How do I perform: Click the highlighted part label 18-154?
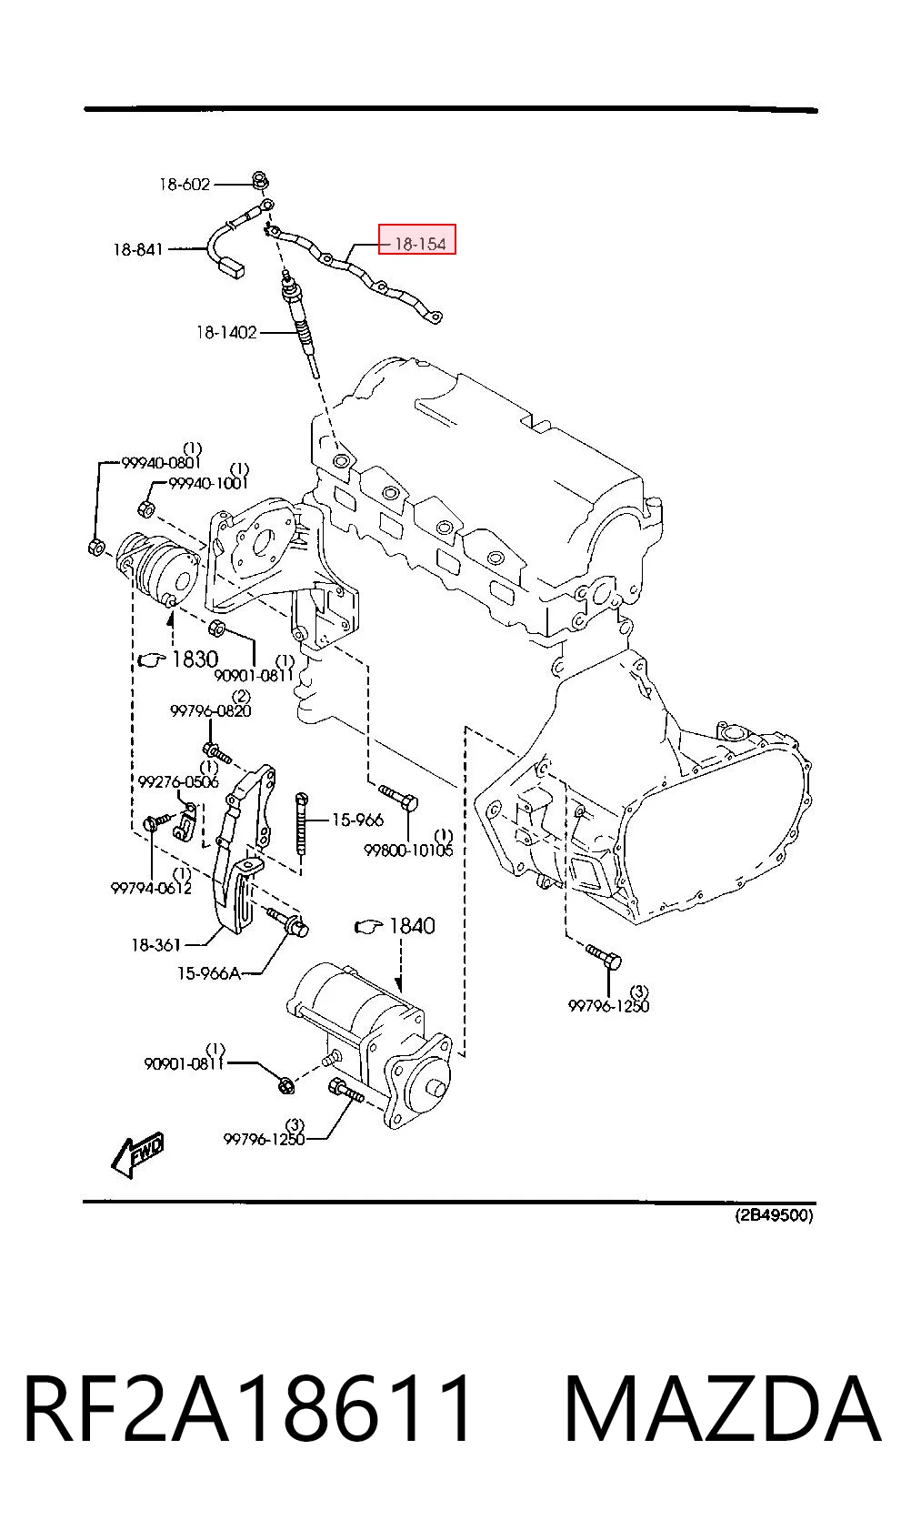[x=420, y=244]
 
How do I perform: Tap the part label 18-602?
[x=185, y=184]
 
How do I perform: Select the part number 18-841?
[x=138, y=249]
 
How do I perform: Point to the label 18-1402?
[x=226, y=333]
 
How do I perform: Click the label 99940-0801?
[x=162, y=462]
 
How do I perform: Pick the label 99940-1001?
[x=208, y=483]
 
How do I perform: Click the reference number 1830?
[x=195, y=659]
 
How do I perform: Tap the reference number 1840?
[x=412, y=925]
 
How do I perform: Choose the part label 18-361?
[x=156, y=945]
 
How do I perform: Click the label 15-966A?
[x=209, y=973]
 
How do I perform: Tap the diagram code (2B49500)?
[x=774, y=1215]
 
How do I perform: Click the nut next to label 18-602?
[x=259, y=181]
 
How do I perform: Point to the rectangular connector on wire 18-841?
[x=232, y=267]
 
